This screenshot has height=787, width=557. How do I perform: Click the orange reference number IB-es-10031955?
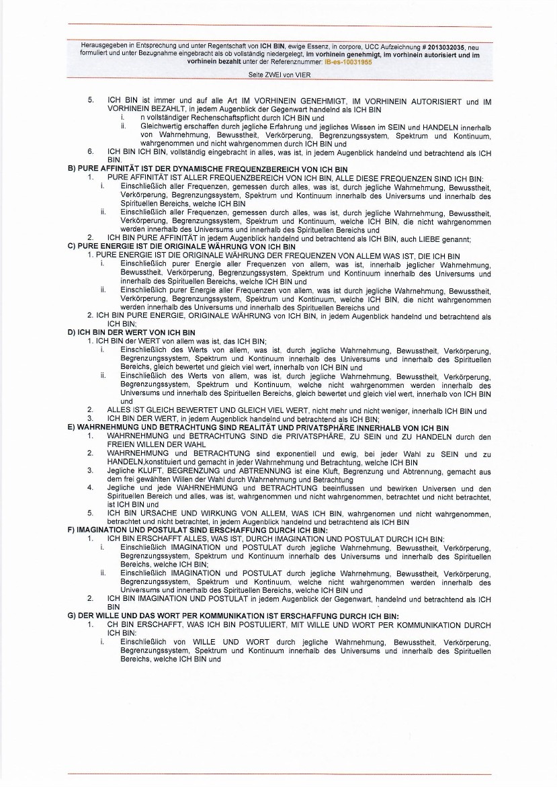click(x=348, y=61)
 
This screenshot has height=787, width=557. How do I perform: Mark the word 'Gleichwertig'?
click(x=161, y=126)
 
